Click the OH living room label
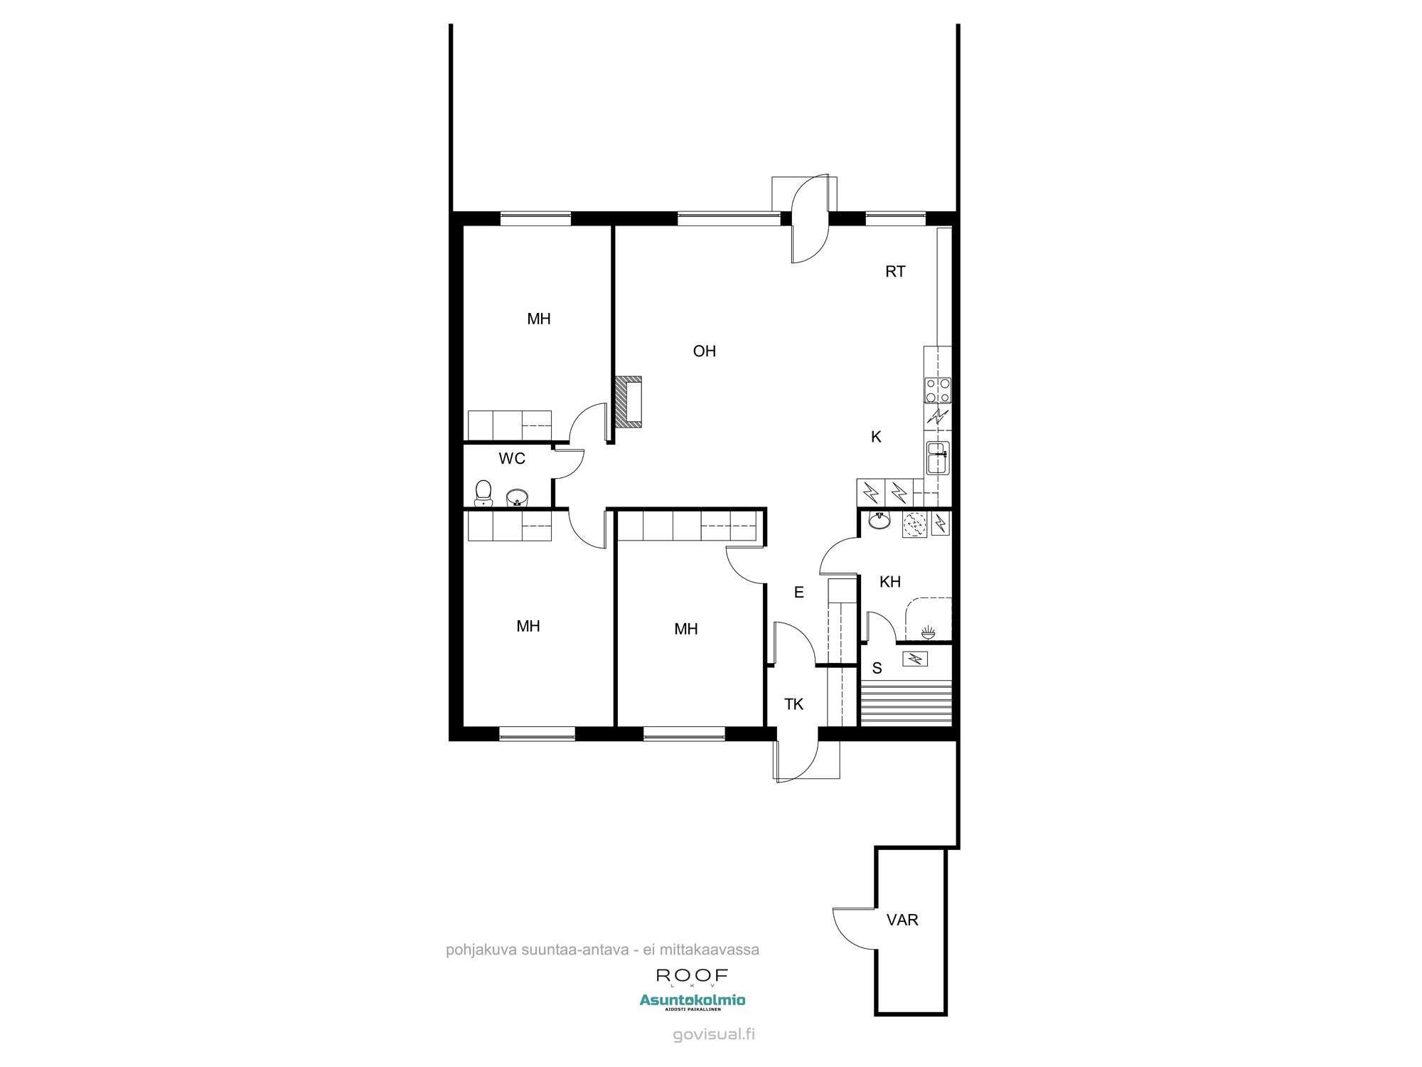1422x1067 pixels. [705, 351]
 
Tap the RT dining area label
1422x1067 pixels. [895, 271]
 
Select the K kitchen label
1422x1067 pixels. [876, 437]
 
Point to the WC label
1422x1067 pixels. [512, 459]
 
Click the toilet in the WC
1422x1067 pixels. [483, 494]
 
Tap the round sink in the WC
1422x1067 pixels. [517, 497]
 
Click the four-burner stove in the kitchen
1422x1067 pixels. [938, 391]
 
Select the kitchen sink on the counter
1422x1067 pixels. [938, 457]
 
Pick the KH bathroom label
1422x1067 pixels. [890, 582]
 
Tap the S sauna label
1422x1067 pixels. [877, 669]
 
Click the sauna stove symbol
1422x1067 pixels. [916, 659]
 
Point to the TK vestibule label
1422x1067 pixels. [793, 704]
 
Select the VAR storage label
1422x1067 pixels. [902, 920]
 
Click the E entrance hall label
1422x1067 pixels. [798, 593]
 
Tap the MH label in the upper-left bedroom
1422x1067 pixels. [539, 319]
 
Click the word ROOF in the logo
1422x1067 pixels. [692, 975]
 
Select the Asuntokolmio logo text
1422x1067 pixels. [693, 1000]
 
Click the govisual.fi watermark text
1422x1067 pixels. [714, 1034]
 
